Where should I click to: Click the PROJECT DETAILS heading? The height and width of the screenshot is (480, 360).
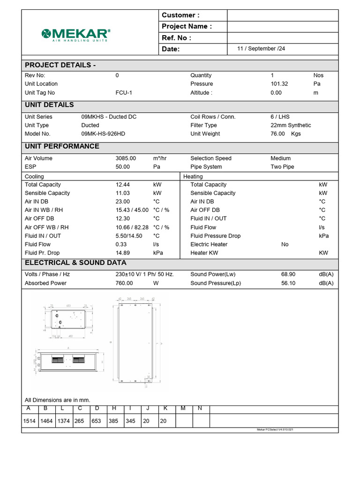click(x=60, y=65)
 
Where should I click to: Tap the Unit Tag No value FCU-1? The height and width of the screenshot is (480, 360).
click(x=124, y=93)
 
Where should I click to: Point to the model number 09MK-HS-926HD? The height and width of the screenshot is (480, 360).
click(x=103, y=134)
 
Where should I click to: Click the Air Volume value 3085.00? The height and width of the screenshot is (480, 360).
click(x=126, y=158)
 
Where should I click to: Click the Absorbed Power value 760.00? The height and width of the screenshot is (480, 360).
click(x=124, y=283)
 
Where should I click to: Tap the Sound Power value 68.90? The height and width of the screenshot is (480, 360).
click(x=288, y=274)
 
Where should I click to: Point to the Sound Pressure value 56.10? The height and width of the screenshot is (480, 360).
click(x=288, y=283)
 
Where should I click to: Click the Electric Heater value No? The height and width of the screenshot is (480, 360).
click(x=285, y=244)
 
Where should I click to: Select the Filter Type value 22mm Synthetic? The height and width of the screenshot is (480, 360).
click(x=291, y=125)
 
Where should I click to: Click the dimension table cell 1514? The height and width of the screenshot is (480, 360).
click(x=30, y=421)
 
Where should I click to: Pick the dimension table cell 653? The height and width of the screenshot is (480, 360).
click(x=96, y=421)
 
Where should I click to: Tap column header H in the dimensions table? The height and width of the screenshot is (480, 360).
click(x=114, y=408)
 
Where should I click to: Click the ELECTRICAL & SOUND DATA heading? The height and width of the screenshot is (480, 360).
click(x=75, y=262)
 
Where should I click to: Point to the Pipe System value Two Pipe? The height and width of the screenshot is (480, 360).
click(x=282, y=167)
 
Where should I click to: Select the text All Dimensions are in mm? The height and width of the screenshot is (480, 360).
click(x=57, y=400)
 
